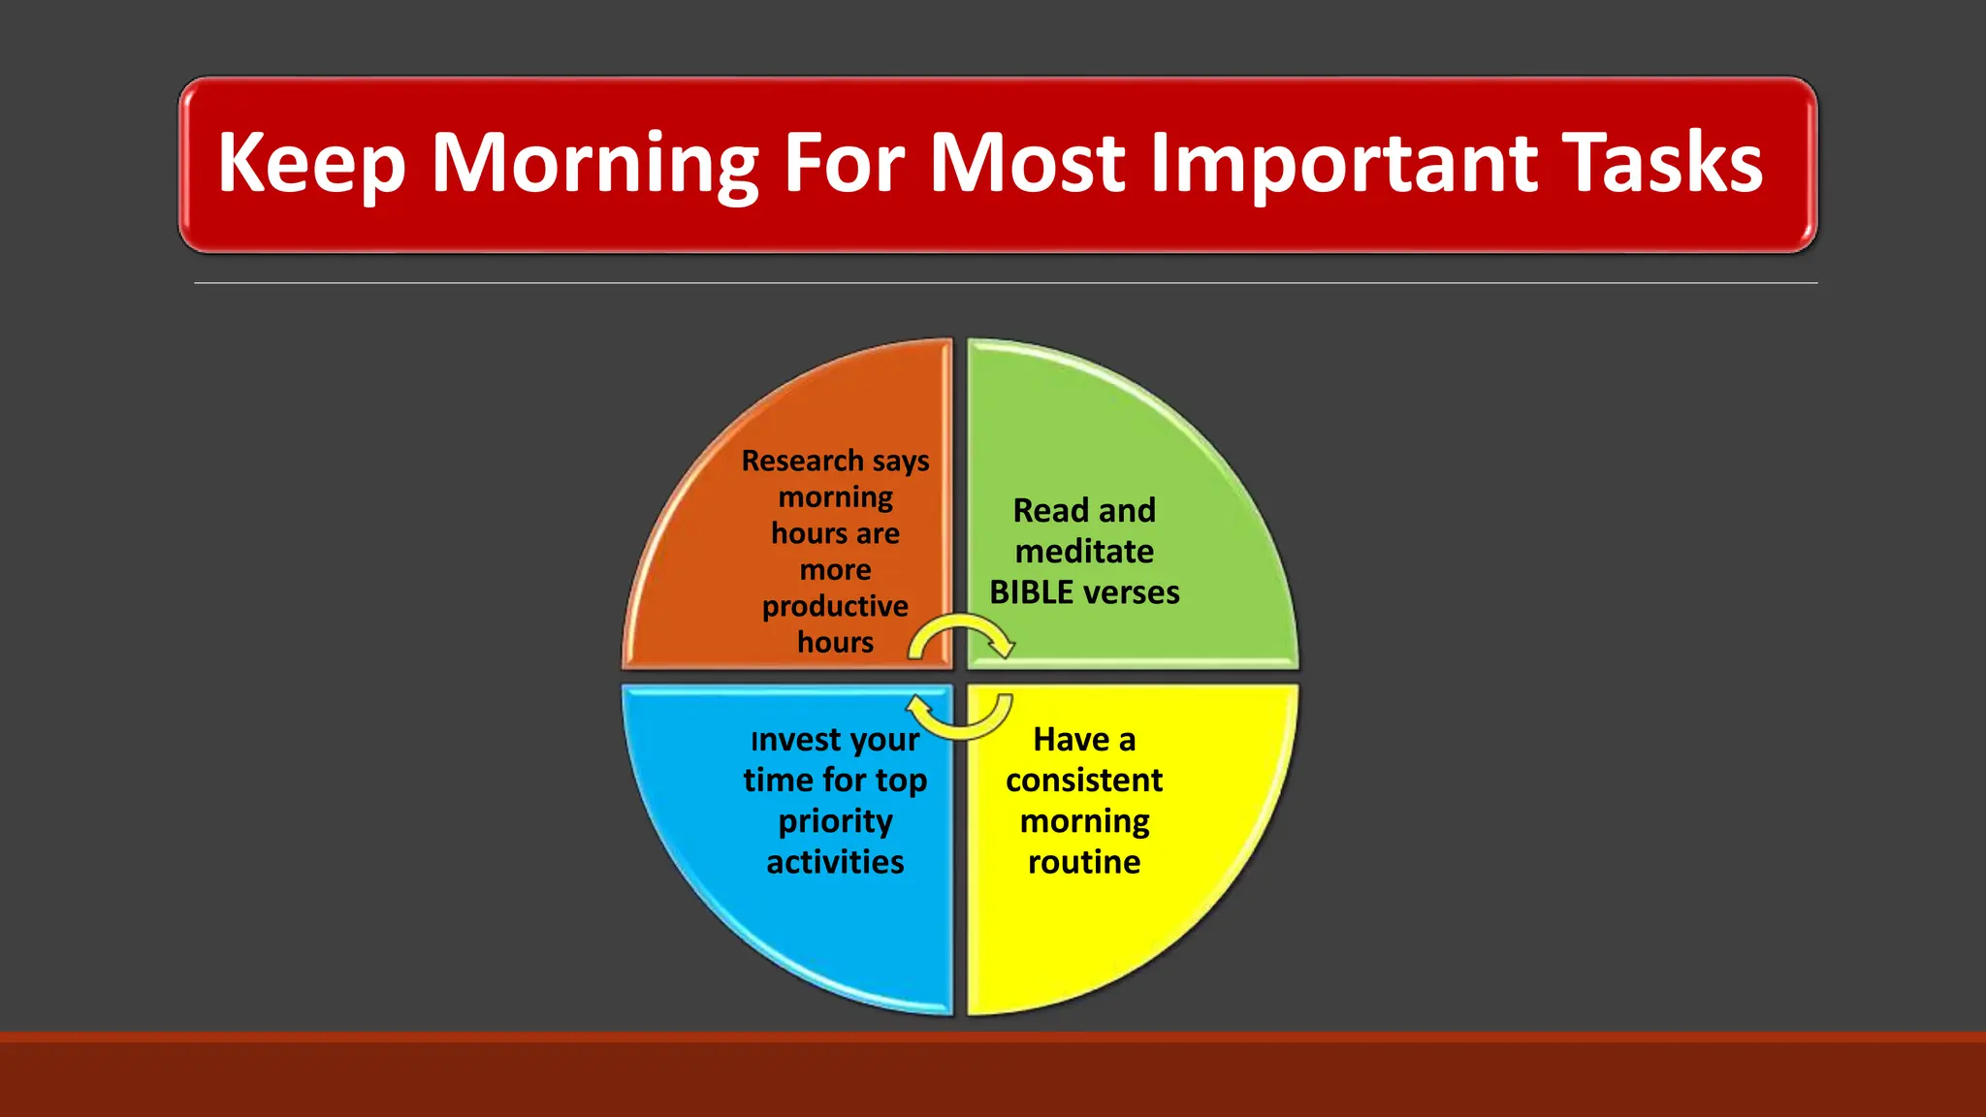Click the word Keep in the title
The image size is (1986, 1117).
point(310,163)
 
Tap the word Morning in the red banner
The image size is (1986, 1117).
point(593,163)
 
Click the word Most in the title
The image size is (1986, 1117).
point(1028,163)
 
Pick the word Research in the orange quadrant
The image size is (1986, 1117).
point(802,461)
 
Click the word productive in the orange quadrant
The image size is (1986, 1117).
point(835,606)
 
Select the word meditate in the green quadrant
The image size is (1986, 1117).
point(1084,552)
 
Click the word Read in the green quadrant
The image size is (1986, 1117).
point(1050,510)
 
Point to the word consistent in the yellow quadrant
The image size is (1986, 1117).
point(1084,781)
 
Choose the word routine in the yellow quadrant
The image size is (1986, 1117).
point(1084,862)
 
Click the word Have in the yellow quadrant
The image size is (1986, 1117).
point(1071,740)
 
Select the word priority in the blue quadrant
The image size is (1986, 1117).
point(835,822)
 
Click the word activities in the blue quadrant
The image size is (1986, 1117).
point(835,862)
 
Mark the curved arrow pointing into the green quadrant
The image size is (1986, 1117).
point(962,636)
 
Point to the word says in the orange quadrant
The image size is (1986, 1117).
point(901,462)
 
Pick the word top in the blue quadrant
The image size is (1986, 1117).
point(901,782)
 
